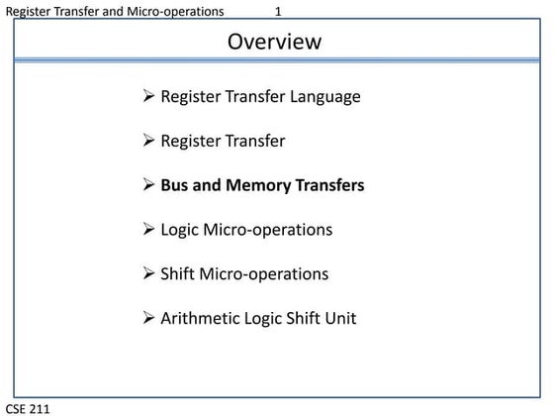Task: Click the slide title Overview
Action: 274,42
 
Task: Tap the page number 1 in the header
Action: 279,11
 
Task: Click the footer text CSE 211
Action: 27,408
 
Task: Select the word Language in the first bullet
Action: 325,97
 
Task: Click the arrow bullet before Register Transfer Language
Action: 148,97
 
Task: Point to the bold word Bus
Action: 175,185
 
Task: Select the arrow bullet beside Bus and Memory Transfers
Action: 148,185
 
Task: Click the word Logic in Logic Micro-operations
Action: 180,230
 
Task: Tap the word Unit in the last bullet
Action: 339,318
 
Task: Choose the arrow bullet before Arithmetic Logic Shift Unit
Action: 148,318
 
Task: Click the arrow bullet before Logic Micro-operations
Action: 148,230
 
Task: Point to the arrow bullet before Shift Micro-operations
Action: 148,273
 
